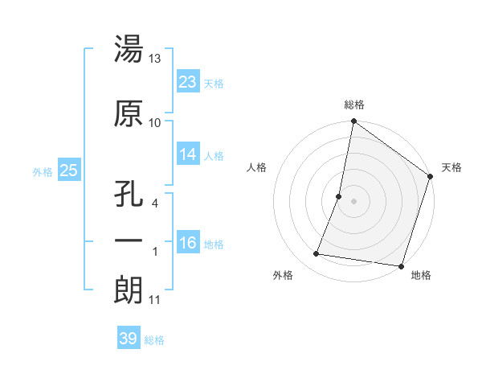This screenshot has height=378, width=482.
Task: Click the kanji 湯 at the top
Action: [129, 50]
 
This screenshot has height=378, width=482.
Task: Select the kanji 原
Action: [129, 114]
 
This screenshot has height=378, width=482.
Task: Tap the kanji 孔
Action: [129, 196]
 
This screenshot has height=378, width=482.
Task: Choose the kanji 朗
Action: [129, 290]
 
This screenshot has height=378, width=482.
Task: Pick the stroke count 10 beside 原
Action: [155, 123]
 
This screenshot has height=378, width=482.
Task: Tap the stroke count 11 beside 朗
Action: [155, 300]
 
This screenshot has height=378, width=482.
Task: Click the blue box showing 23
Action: [188, 82]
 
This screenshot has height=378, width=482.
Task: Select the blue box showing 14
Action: [188, 154]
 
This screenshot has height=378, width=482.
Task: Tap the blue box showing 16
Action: [188, 243]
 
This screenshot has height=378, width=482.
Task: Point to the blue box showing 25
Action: [68, 171]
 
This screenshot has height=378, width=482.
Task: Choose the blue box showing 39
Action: [128, 339]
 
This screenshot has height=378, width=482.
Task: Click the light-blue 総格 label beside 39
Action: [154, 340]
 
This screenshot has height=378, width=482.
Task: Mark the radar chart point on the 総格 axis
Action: [353, 122]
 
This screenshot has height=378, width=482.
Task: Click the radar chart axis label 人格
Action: [258, 167]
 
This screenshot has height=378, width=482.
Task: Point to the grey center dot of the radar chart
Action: [353, 202]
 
